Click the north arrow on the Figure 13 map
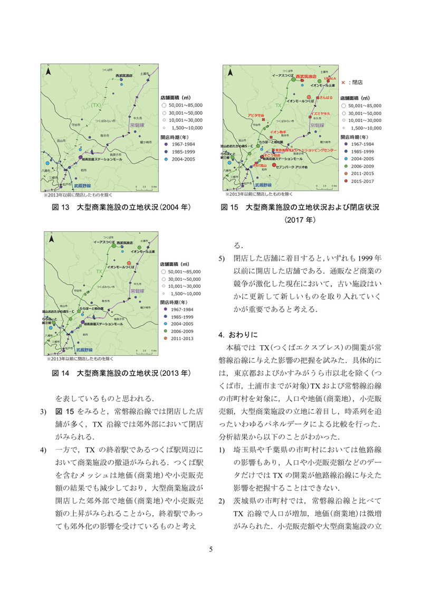[48, 71]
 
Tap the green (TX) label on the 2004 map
[96, 105]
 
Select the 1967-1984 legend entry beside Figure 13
[183, 144]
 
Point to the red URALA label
[330, 78]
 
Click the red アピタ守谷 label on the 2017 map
[255, 115]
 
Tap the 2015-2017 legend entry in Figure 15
[362, 181]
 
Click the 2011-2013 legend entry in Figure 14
[183, 337]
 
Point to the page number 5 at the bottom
[211, 548]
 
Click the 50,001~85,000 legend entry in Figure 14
[183, 271]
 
